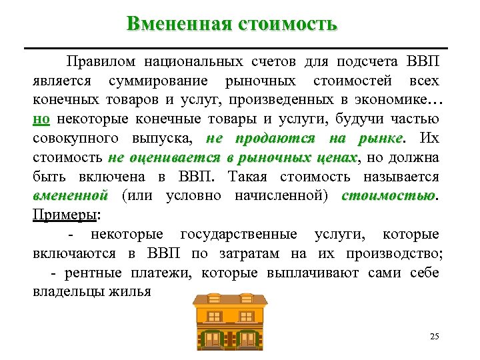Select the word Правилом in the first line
click(101, 62)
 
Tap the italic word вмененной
click(70, 196)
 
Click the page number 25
click(435, 335)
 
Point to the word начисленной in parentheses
click(295, 196)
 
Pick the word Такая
click(248, 177)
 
